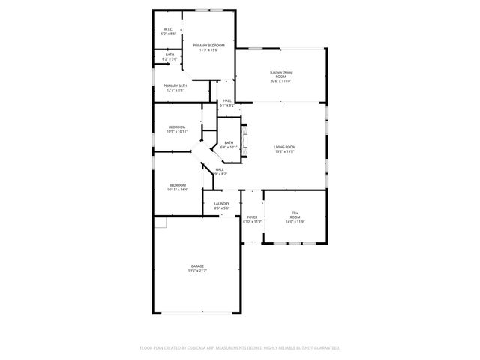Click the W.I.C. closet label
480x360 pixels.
(169, 29)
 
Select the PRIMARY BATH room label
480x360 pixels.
(175, 85)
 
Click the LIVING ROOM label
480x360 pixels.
(285, 147)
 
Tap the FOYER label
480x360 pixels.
(252, 217)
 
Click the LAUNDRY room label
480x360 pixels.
(222, 203)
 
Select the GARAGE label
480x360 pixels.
(197, 265)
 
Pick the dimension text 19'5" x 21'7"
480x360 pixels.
(197, 270)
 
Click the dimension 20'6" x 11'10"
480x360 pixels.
(281, 81)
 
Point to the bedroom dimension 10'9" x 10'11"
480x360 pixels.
(177, 132)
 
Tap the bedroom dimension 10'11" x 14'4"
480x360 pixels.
(178, 190)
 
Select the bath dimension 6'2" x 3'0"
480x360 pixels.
(169, 58)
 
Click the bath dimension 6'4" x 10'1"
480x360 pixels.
(229, 148)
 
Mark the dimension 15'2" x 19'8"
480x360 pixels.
(285, 151)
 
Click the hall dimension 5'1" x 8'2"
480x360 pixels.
(226, 105)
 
